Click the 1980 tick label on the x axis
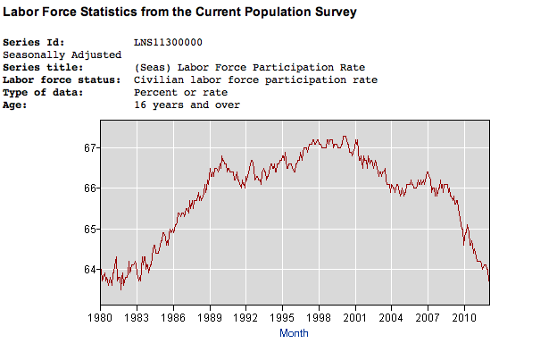click(x=100, y=317)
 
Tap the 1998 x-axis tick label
click(x=319, y=317)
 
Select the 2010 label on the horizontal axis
click(x=464, y=317)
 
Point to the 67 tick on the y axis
click(x=89, y=147)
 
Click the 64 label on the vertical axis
click(x=89, y=270)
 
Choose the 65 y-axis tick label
click(x=89, y=229)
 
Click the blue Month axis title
click(x=294, y=333)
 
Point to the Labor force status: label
click(x=60, y=80)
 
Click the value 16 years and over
click(x=187, y=105)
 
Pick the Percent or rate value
click(x=180, y=92)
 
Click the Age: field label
click(x=18, y=105)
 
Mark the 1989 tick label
click(x=209, y=317)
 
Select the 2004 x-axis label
click(x=391, y=317)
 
